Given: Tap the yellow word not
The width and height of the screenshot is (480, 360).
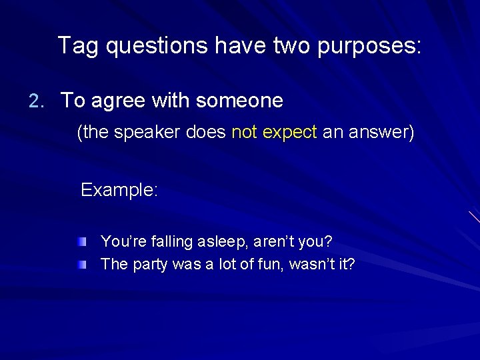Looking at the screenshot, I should (244, 133).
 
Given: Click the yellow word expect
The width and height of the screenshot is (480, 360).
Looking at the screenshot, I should (289, 133).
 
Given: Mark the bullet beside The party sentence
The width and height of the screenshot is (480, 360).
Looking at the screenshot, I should (81, 265).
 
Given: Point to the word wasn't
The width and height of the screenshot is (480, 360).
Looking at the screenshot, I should (315, 265).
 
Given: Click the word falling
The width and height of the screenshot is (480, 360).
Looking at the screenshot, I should (171, 241).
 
